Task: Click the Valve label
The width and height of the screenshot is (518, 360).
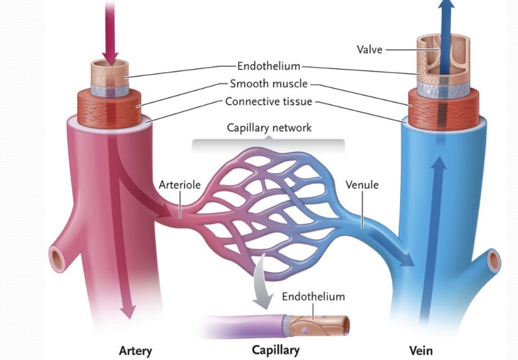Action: click(x=369, y=50)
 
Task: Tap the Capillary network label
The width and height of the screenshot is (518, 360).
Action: click(x=268, y=128)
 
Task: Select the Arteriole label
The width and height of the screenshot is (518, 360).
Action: click(x=179, y=185)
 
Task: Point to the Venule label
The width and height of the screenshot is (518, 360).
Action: click(x=362, y=185)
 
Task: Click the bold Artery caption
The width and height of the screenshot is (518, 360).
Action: click(x=135, y=349)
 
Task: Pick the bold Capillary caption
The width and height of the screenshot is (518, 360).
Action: click(x=275, y=349)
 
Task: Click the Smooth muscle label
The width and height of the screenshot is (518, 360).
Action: click(x=268, y=83)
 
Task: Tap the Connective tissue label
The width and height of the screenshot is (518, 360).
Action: click(x=268, y=102)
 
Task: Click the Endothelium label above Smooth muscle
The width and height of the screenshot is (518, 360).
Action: click(x=268, y=65)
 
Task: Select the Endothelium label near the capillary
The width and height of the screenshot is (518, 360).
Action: click(x=313, y=296)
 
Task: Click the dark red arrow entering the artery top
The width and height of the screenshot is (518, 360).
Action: click(x=110, y=31)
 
